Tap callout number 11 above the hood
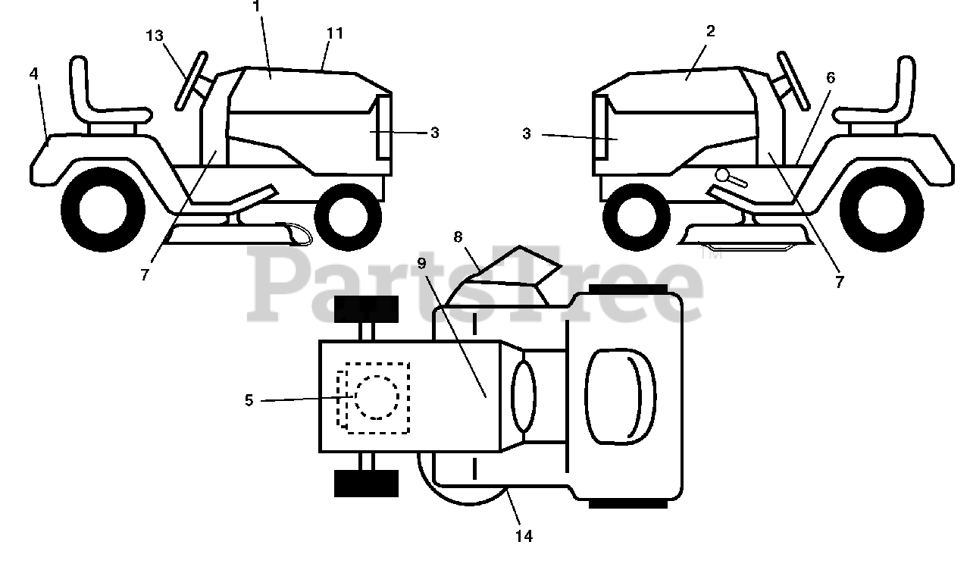click(x=335, y=33)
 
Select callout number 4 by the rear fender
click(x=34, y=74)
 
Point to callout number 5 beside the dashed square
click(x=249, y=399)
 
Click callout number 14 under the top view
click(x=524, y=536)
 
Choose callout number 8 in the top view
click(x=458, y=236)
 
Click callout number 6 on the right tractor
click(x=831, y=77)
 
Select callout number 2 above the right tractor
click(x=710, y=31)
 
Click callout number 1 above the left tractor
click(x=256, y=6)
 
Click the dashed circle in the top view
click(x=376, y=397)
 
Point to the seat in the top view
click(x=619, y=396)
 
